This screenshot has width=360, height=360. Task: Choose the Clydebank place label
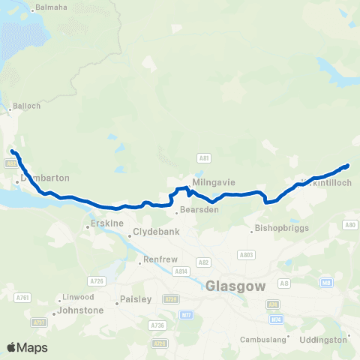click(x=153, y=232)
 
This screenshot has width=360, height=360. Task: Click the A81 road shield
click(x=203, y=158)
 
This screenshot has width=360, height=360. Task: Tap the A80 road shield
click(x=349, y=224)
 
